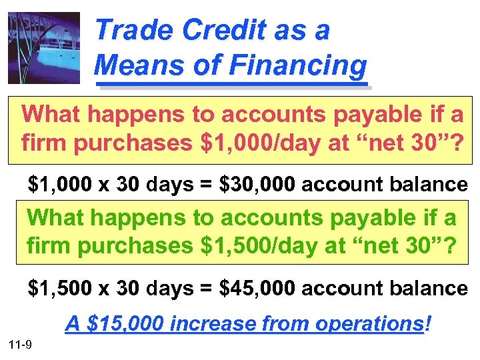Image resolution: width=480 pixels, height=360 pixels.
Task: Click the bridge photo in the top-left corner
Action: pos(43,47)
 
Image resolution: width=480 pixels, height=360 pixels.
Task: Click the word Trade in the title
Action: pos(129,31)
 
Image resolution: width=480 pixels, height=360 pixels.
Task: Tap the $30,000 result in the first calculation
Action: pos(255,185)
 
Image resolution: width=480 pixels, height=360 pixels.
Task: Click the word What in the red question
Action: pos(51,114)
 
